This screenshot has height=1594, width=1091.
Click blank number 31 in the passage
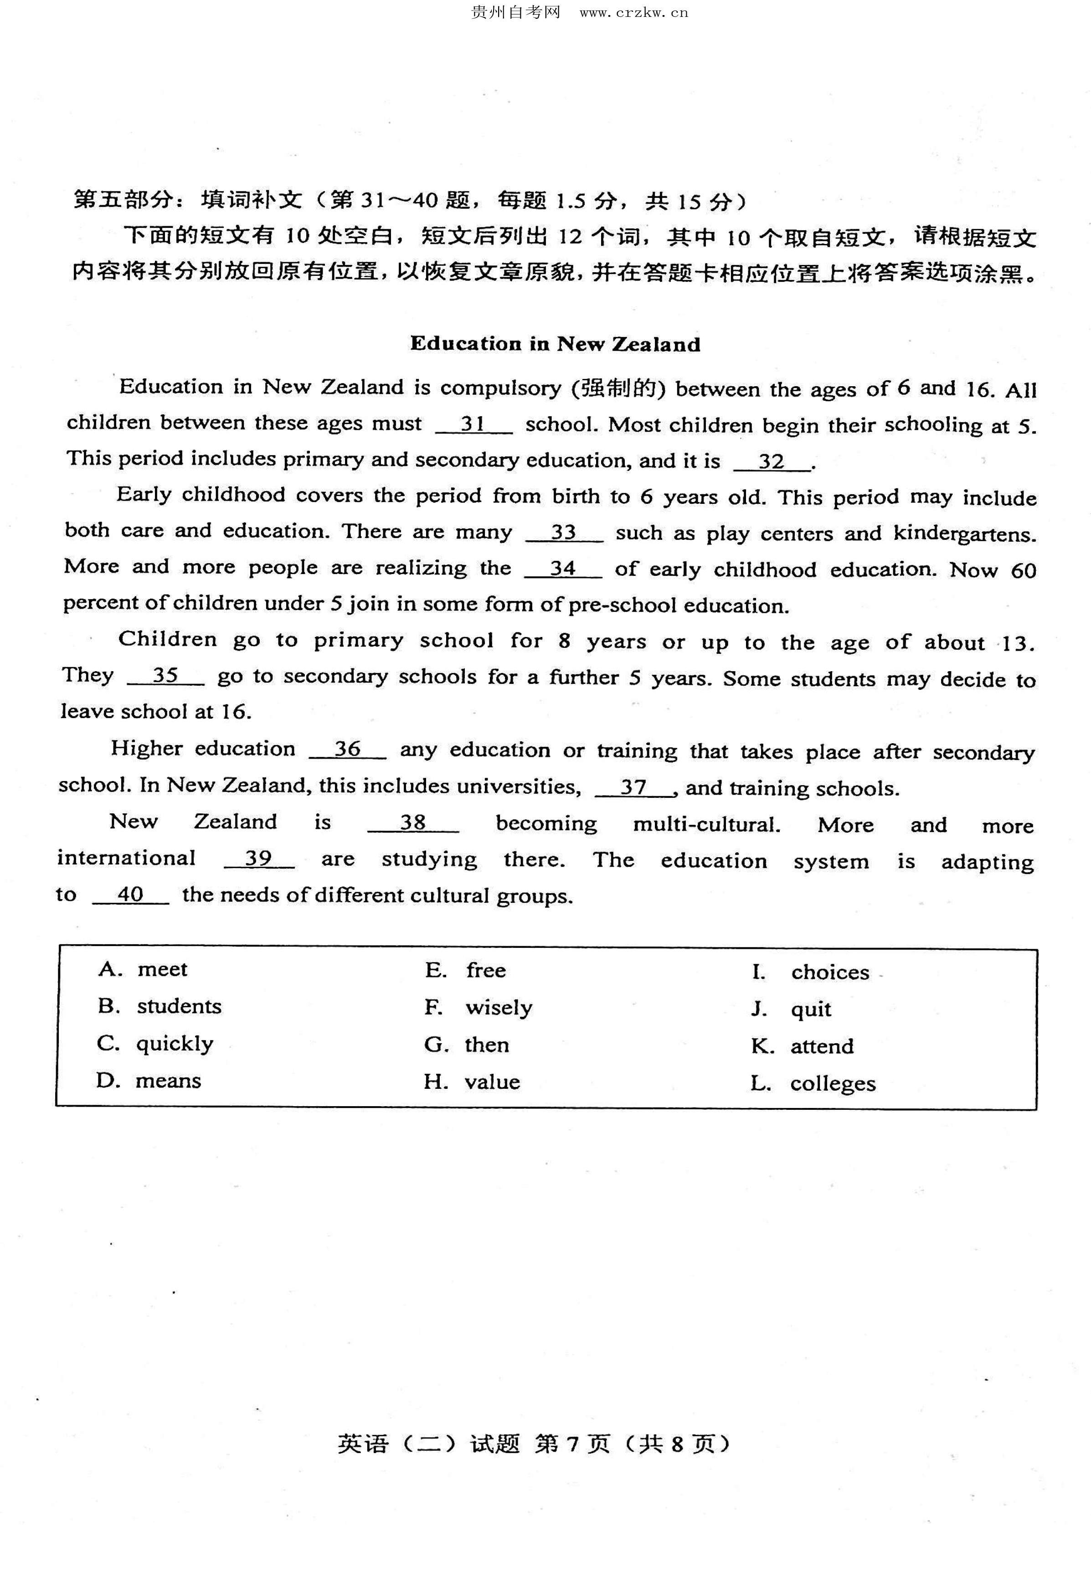(473, 424)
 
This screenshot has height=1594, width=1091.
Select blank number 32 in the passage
(772, 461)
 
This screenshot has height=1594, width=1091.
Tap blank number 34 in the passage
(562, 569)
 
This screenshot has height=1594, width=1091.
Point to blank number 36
(348, 749)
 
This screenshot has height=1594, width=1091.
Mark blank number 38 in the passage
(413, 823)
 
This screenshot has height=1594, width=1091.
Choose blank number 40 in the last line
(130, 895)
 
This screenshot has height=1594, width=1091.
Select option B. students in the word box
(160, 1006)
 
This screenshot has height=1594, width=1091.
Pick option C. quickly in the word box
(155, 1043)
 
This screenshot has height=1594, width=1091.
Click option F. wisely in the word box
(479, 1008)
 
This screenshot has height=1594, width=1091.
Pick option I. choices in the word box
(811, 973)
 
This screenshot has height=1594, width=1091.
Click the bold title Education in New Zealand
(556, 344)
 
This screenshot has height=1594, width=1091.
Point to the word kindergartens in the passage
(964, 533)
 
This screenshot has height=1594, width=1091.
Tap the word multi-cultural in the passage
(706, 824)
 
